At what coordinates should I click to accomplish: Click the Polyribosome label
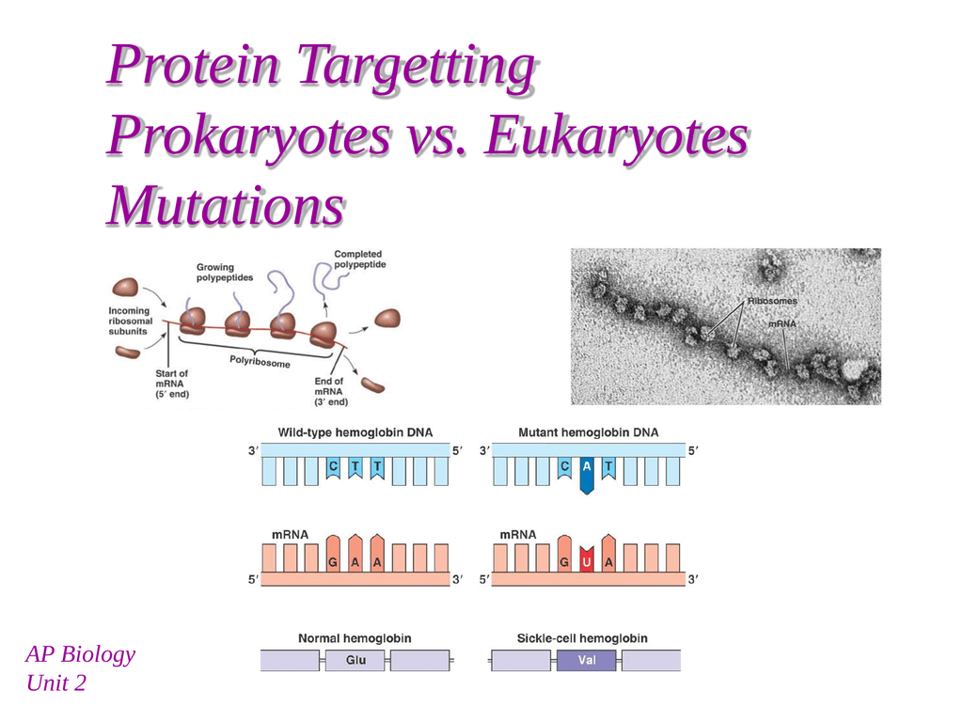(260, 361)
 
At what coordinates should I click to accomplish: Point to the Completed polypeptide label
(360, 259)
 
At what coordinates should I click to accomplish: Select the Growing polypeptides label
(224, 272)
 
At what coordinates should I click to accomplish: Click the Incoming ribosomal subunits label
(131, 322)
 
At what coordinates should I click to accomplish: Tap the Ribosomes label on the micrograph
(772, 301)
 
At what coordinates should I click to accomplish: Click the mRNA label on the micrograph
(781, 323)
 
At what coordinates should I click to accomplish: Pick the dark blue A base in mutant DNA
(587, 475)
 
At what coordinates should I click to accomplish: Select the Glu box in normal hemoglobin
(355, 660)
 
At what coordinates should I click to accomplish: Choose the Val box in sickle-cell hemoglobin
(587, 660)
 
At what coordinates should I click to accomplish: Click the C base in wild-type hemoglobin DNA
(333, 469)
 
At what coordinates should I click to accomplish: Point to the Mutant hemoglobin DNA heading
(589, 432)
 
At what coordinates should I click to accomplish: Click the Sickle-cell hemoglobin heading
(582, 638)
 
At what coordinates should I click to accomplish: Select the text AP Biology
(81, 654)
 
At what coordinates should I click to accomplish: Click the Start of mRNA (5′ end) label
(172, 384)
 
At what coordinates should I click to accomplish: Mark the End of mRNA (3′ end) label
(331, 392)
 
